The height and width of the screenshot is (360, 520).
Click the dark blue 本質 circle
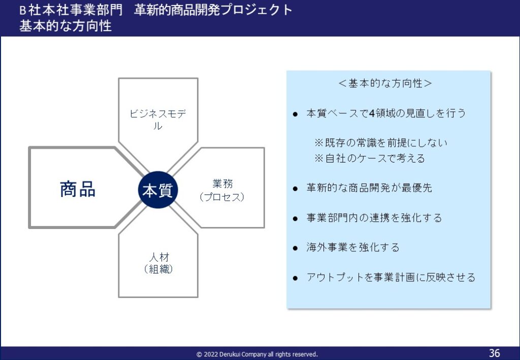(x=158, y=190)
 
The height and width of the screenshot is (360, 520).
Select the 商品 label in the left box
(x=78, y=189)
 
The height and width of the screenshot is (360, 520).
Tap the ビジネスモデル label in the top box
(x=158, y=120)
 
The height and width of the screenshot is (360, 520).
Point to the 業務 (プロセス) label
(x=222, y=190)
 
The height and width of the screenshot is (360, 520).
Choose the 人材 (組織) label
(x=158, y=263)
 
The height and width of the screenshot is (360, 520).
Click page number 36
(x=494, y=353)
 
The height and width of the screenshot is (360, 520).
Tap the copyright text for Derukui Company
(x=257, y=354)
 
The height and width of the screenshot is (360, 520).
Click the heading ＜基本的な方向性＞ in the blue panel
(x=385, y=83)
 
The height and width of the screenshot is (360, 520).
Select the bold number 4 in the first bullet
(x=372, y=113)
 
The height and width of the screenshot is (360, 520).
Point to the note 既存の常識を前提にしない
(x=381, y=143)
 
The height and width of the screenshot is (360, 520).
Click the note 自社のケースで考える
(x=370, y=158)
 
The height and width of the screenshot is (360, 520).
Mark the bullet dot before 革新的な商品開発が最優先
(x=295, y=189)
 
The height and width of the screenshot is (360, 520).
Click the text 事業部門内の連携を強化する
(x=374, y=218)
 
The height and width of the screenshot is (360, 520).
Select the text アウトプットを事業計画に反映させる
(x=391, y=277)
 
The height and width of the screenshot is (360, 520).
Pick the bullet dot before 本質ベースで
(x=295, y=115)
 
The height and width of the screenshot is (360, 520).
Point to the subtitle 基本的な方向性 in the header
(x=66, y=26)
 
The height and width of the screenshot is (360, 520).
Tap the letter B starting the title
(x=22, y=11)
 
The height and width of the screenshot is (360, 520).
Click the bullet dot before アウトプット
(x=295, y=278)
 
